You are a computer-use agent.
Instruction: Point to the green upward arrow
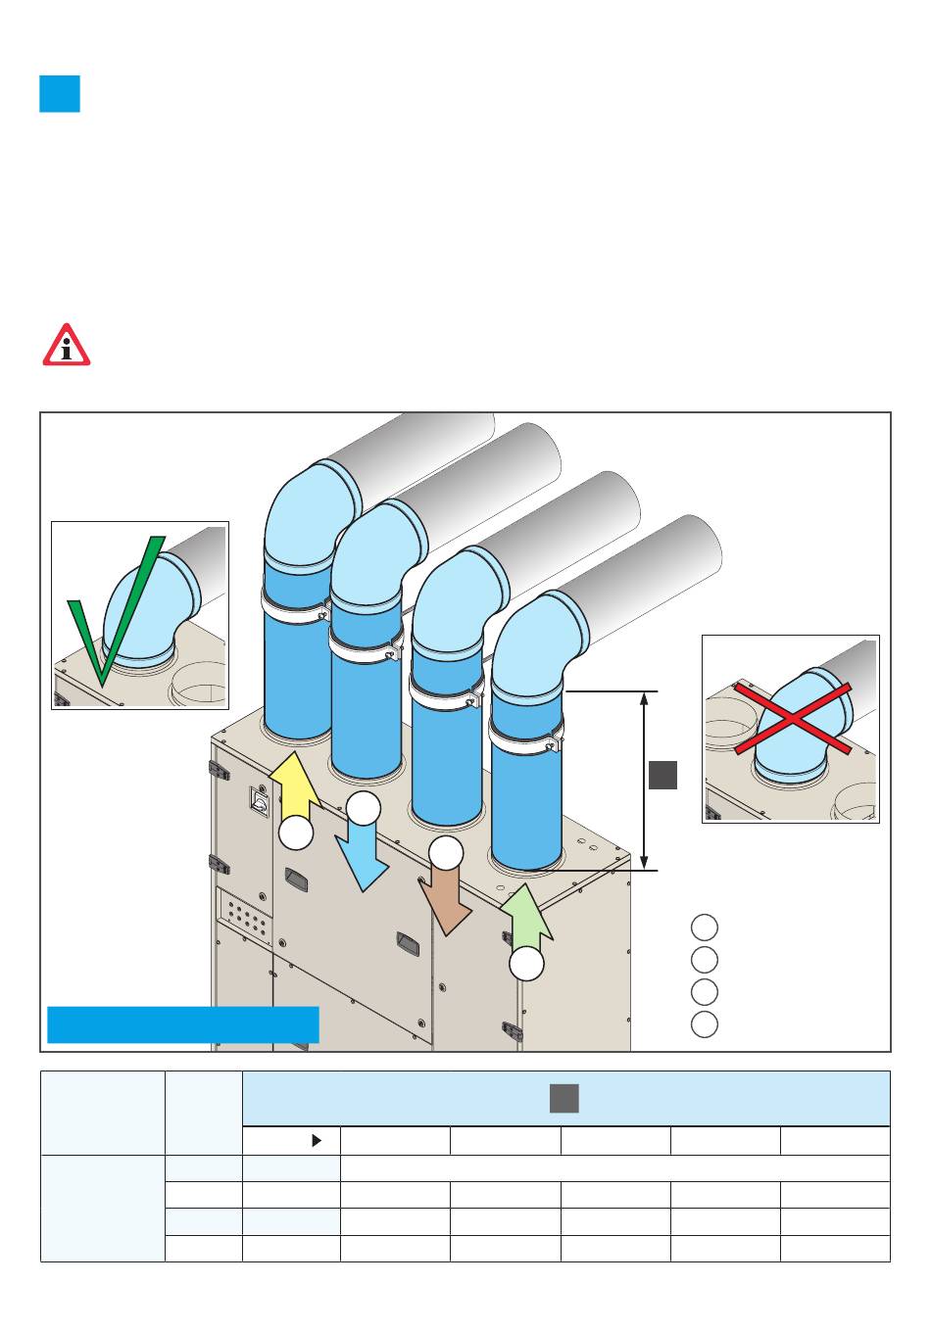pos(526,916)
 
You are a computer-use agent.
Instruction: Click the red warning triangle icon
pos(66,347)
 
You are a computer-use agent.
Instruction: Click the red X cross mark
pos(792,719)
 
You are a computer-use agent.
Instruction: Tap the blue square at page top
pos(60,94)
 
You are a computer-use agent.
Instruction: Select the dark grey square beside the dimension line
pos(662,774)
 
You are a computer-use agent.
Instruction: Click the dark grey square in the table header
pos(563,1098)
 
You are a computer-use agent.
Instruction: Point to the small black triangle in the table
pos(317,1141)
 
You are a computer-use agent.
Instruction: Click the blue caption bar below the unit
pos(183,1024)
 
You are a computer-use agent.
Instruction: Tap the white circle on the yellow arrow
pos(296,832)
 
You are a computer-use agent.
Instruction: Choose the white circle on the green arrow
pos(526,964)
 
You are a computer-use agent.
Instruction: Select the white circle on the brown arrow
pos(446,852)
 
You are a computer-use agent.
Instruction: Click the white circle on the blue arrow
pos(364,808)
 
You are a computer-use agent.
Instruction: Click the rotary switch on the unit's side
pos(262,801)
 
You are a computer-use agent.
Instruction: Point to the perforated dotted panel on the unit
pos(244,916)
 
